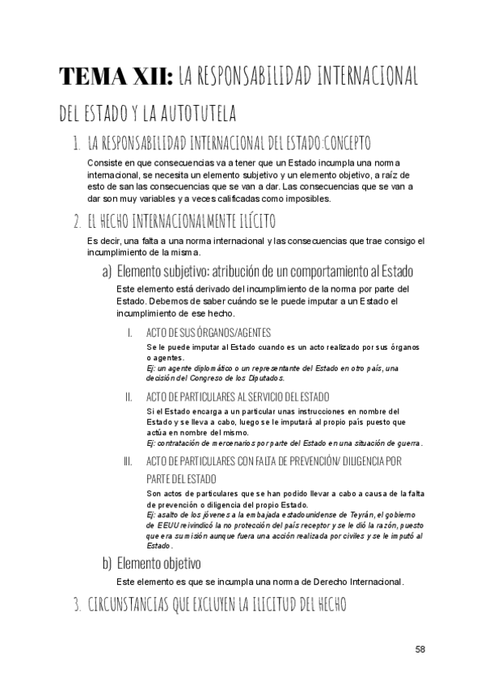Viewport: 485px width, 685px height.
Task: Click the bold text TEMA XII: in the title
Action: pos(115,77)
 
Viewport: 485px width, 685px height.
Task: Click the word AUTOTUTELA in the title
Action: pos(188,112)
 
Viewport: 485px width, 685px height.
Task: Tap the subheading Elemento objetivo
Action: pos(159,562)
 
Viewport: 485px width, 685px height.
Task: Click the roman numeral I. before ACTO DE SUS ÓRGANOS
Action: pos(130,333)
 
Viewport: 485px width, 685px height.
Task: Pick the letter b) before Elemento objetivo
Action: pos(107,562)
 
